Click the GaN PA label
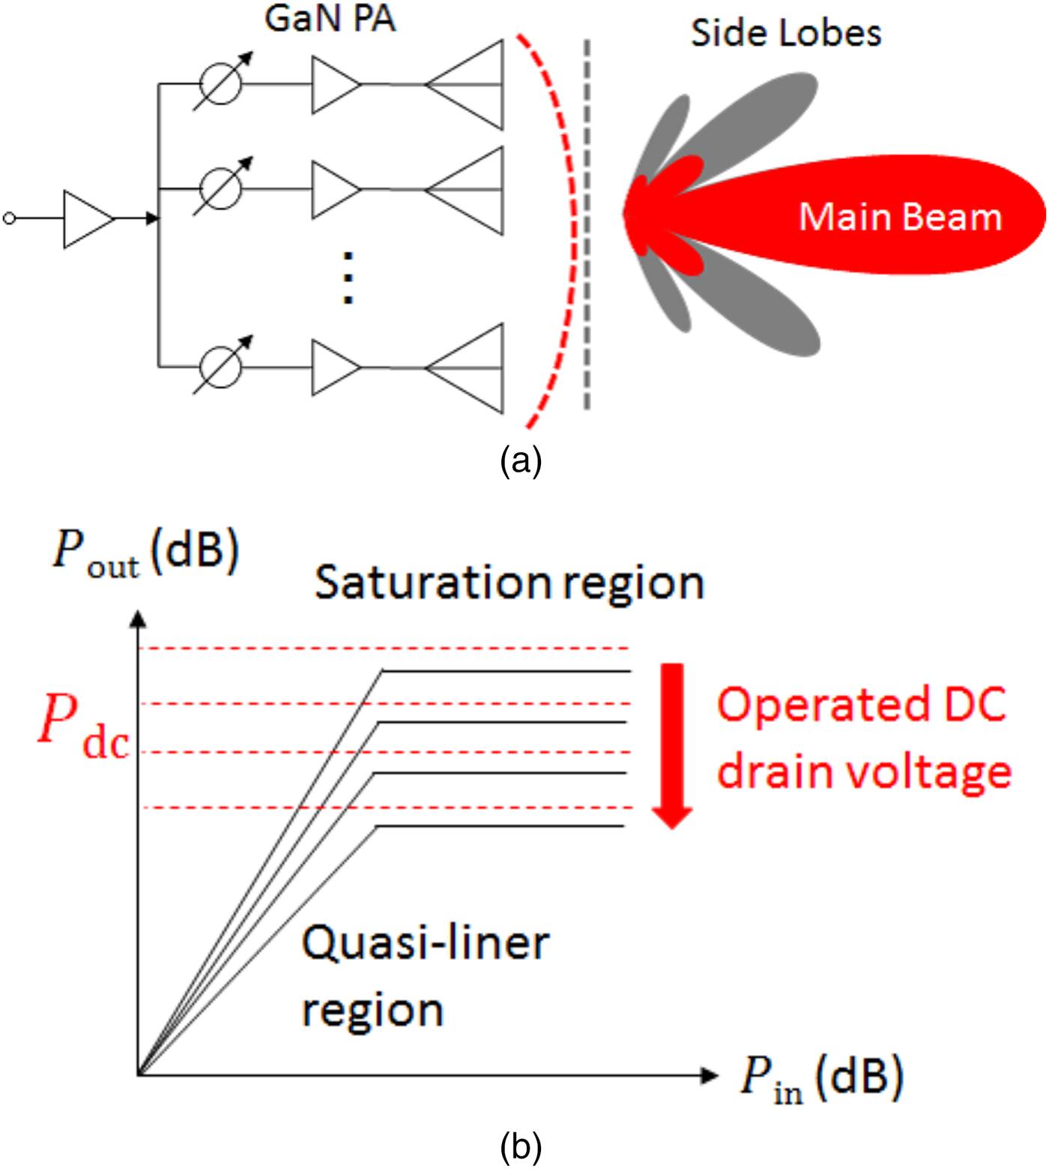[330, 19]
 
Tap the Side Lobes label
[785, 34]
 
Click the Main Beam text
[900, 217]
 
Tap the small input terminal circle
[9, 218]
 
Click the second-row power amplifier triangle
[333, 190]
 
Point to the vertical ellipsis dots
[348, 278]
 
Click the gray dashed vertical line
[587, 225]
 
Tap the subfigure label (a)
[521, 460]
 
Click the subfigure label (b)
[521, 1147]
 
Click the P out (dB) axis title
[145, 553]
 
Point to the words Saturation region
[509, 583]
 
